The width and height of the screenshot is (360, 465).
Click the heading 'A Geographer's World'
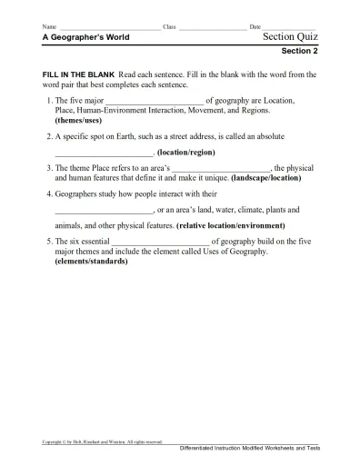(x=85, y=37)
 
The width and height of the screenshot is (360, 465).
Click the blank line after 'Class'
(x=212, y=28)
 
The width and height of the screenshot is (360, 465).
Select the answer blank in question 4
(x=104, y=209)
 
